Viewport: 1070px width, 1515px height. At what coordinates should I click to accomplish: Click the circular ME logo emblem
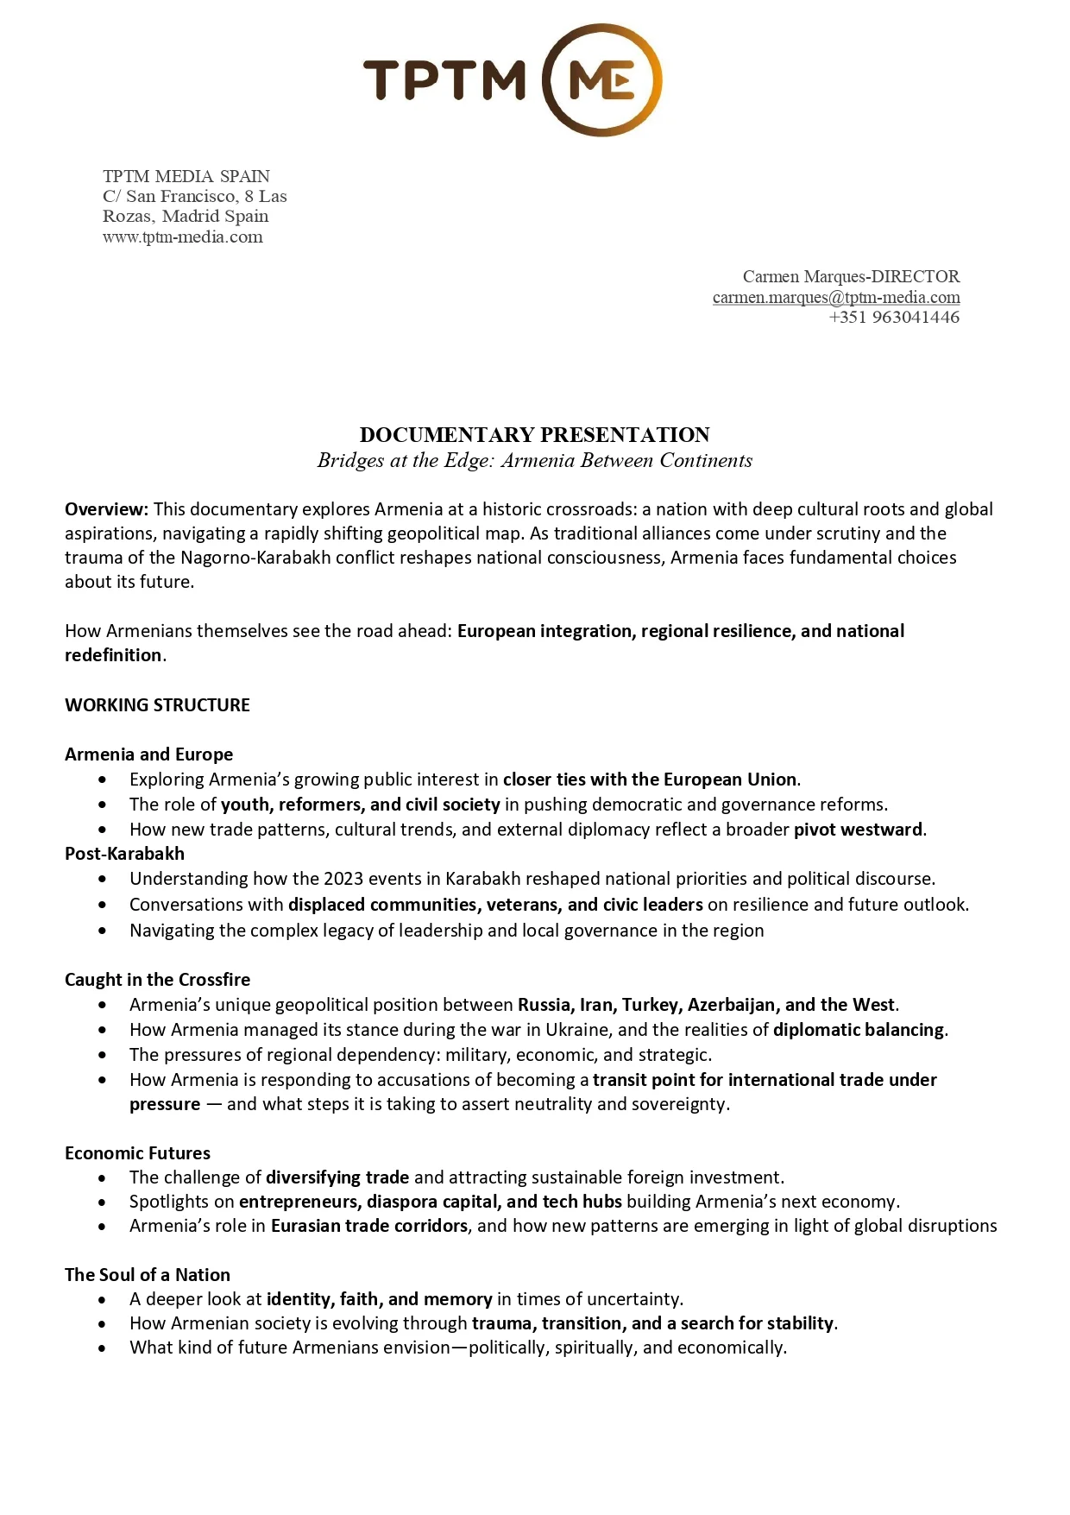[x=602, y=79]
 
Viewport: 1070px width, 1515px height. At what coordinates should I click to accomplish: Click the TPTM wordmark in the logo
[x=444, y=79]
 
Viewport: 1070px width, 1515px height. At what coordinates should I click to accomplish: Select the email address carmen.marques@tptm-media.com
[x=835, y=297]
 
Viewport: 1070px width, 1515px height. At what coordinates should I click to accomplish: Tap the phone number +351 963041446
[x=894, y=317]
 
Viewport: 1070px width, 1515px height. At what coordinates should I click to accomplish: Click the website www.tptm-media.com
[x=182, y=237]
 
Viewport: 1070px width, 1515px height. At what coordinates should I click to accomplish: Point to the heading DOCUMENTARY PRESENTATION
[x=534, y=434]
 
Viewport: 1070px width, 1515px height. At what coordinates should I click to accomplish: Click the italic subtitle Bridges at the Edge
[x=534, y=460]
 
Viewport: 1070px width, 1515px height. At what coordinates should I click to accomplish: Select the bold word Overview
[x=106, y=509]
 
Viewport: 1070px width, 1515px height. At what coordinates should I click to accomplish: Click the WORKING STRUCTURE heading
[x=157, y=704]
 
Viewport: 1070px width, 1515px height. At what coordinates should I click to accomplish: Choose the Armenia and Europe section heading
[x=148, y=754]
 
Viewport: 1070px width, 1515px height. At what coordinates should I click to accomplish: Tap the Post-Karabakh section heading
[x=124, y=853]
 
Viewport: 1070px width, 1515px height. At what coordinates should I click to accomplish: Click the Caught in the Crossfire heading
[x=157, y=979]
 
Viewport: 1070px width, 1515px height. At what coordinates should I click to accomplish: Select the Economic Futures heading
[x=137, y=1152]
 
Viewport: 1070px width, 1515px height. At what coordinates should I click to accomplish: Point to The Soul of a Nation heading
[x=147, y=1274]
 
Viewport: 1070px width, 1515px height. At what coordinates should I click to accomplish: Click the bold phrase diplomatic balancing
[x=859, y=1029]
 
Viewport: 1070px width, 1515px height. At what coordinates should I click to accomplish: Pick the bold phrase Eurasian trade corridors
[x=368, y=1226]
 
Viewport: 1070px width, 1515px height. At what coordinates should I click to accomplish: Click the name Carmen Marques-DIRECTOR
[x=851, y=276]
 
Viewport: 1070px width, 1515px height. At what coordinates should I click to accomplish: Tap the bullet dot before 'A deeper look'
[x=103, y=1299]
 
